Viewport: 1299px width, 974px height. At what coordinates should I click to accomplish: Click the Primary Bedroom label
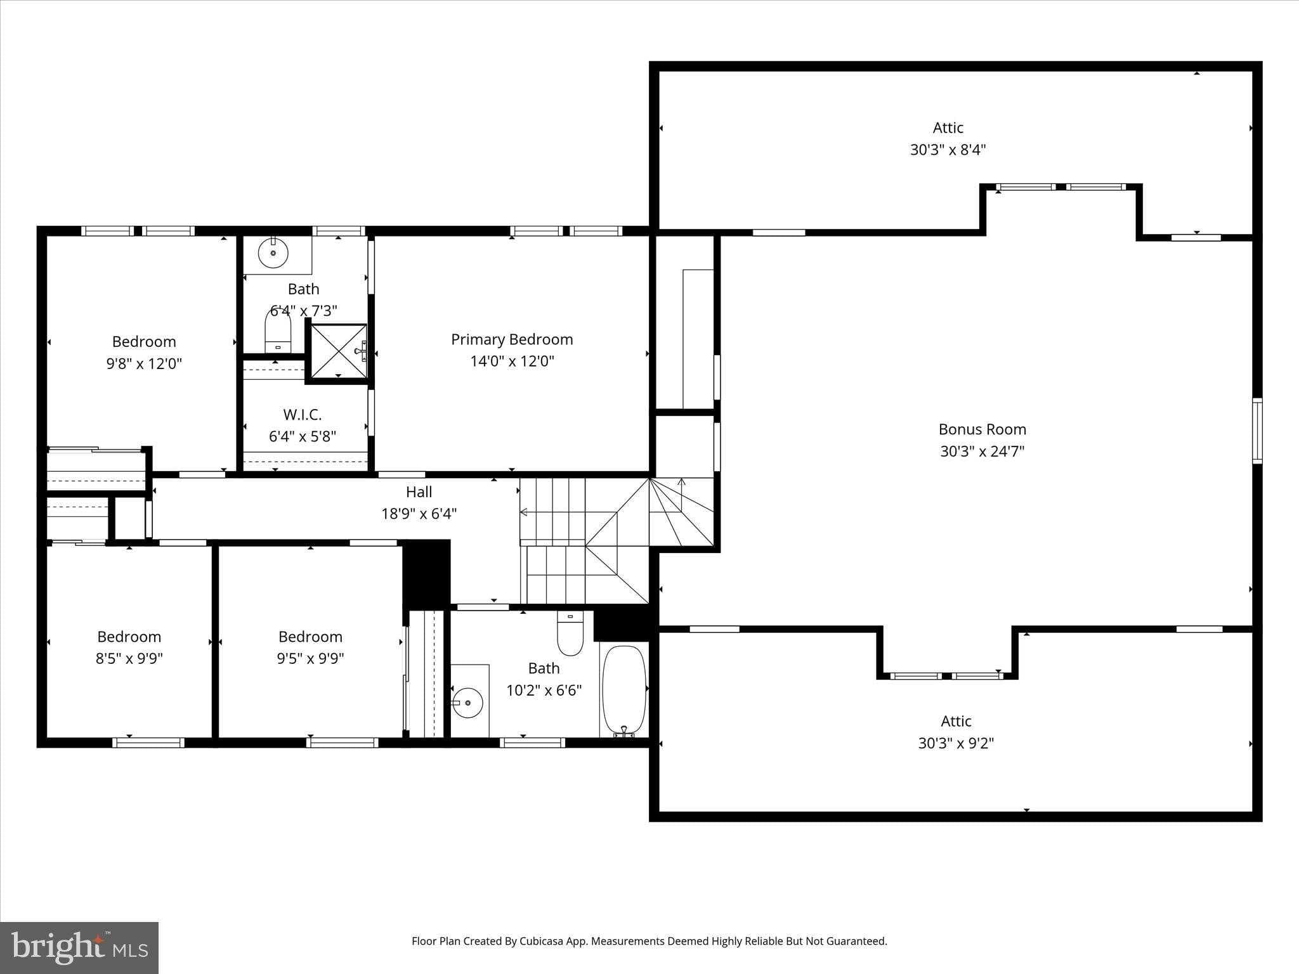click(x=512, y=339)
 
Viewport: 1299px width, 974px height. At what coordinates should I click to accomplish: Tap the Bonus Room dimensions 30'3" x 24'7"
click(x=982, y=451)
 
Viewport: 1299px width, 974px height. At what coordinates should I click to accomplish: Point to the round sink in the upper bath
click(x=273, y=253)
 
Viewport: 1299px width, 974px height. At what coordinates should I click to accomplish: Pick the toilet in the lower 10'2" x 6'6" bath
click(x=570, y=633)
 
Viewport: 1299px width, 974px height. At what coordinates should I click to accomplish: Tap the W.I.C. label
click(x=303, y=415)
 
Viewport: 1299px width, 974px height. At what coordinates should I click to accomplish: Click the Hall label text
click(x=419, y=492)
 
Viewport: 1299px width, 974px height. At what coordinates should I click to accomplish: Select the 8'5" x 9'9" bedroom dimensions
click(x=129, y=658)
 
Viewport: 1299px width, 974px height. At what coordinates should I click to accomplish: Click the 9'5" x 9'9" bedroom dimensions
click(x=310, y=658)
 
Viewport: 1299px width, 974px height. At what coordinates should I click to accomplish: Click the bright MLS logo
click(x=79, y=947)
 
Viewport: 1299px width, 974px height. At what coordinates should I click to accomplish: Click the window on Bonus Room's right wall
click(x=1257, y=431)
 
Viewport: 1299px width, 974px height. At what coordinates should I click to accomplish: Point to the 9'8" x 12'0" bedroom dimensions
click(x=144, y=364)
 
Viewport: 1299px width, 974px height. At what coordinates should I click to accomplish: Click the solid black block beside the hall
click(x=427, y=572)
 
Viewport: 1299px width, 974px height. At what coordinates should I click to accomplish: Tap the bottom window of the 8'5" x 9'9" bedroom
click(x=148, y=743)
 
